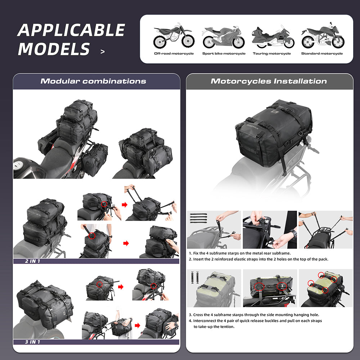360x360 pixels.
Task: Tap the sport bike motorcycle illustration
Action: (x=224, y=37)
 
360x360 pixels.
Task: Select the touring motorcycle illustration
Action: (x=273, y=37)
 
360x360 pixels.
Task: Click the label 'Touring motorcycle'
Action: (x=272, y=54)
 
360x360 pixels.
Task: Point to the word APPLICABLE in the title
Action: (x=71, y=30)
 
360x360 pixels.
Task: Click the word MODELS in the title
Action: (x=54, y=49)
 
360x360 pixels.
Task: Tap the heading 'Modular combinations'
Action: (x=93, y=81)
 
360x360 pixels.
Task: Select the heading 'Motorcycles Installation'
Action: (x=269, y=81)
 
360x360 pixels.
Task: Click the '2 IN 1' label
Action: (x=33, y=261)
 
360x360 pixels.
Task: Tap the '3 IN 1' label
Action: (x=33, y=342)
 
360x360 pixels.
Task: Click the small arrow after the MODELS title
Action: (x=103, y=52)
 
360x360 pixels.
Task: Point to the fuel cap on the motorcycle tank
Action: (x=18, y=165)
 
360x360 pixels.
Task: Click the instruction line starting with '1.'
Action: (x=240, y=253)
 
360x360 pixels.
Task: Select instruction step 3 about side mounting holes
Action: (x=254, y=315)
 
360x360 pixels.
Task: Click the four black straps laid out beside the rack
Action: (x=198, y=218)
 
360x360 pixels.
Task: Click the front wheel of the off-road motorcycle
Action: (x=188, y=41)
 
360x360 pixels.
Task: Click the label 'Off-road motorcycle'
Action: (x=174, y=54)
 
